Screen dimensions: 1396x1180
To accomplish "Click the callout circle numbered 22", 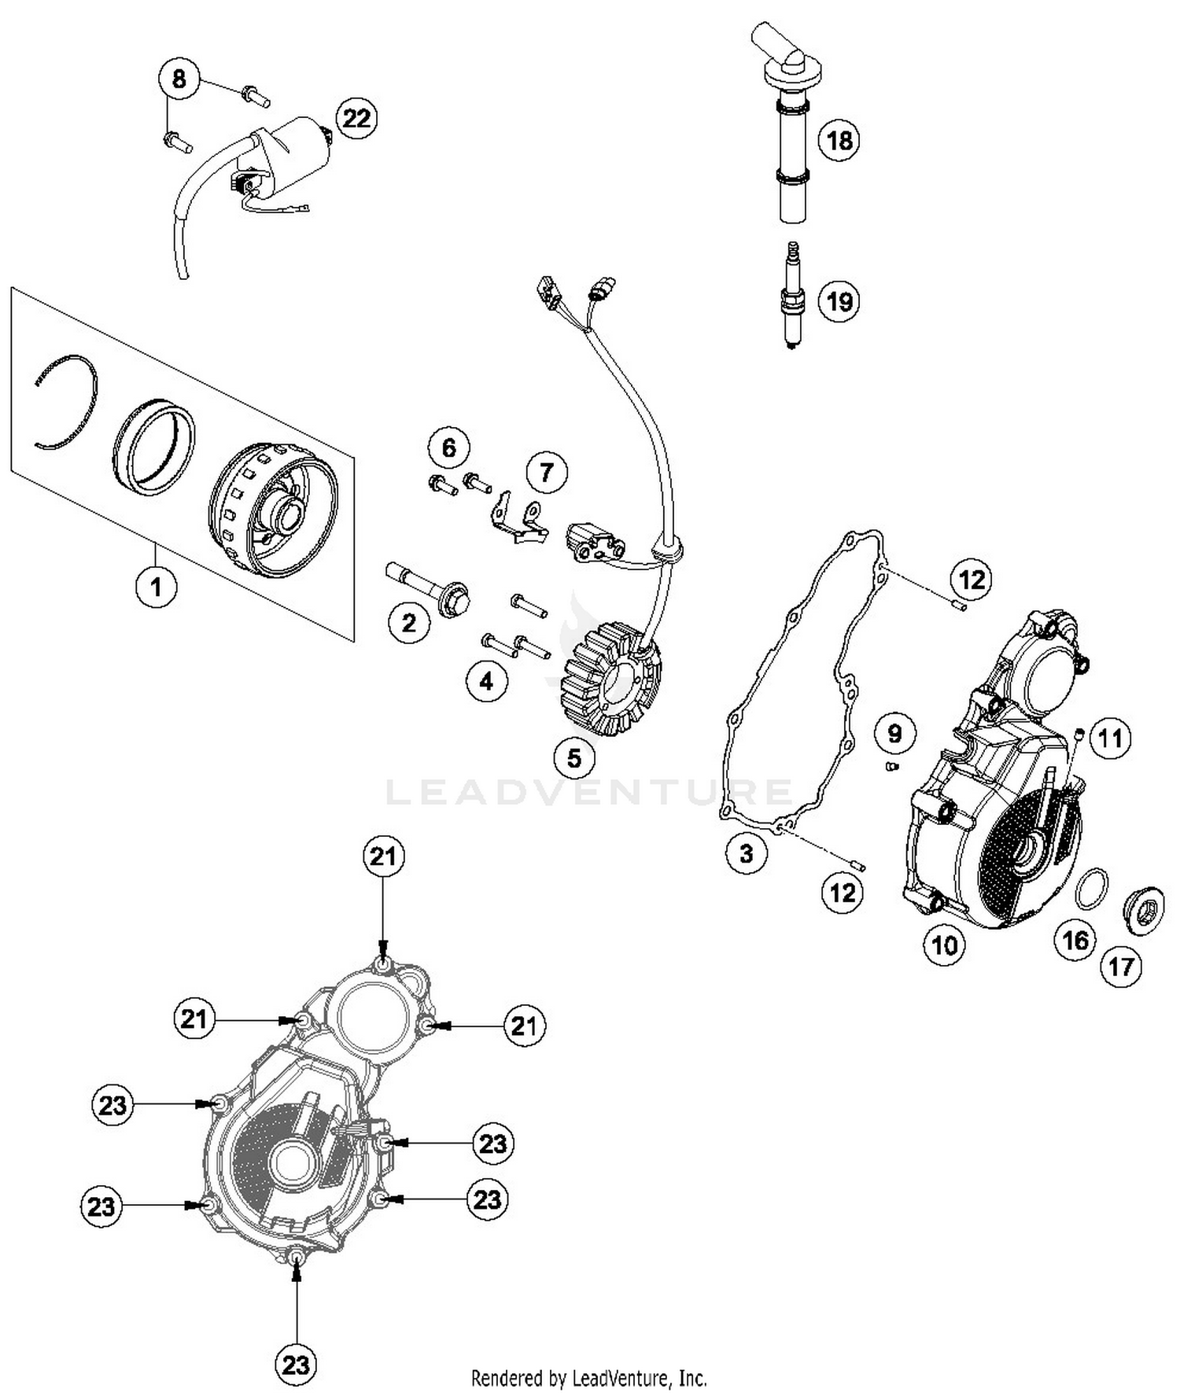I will [356, 119].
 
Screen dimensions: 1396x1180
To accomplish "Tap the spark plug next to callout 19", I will [792, 297].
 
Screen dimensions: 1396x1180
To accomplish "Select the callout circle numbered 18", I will [839, 141].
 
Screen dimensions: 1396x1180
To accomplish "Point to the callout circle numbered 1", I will [156, 586].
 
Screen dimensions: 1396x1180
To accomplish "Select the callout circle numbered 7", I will [546, 472].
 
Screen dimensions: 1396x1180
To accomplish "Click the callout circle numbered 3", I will [746, 853].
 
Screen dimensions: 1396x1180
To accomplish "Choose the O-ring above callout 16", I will [1092, 889].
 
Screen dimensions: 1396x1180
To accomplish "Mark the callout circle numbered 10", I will [944, 945].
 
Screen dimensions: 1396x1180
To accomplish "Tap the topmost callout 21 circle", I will [383, 856].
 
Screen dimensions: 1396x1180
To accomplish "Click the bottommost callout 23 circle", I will [296, 1364].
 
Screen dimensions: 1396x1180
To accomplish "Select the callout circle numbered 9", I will [894, 733].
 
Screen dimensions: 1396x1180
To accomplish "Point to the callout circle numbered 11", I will [1110, 739].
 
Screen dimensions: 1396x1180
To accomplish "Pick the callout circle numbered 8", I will [179, 79].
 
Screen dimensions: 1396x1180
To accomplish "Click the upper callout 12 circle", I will [972, 580].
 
